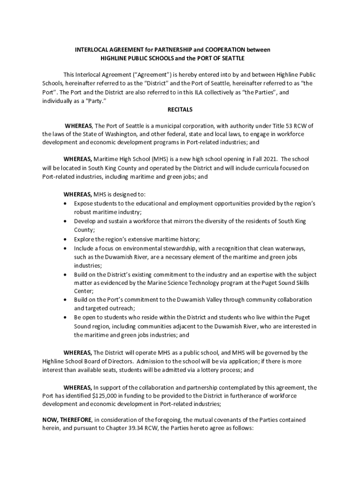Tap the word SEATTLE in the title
[x=231, y=58]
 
